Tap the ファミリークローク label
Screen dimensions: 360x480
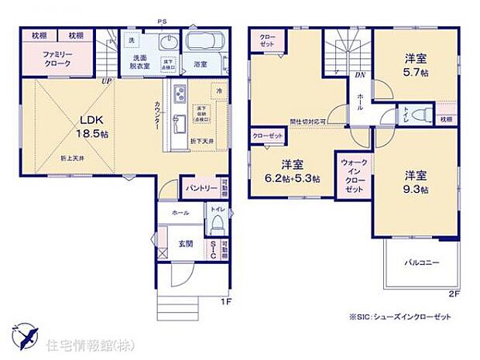(58, 60)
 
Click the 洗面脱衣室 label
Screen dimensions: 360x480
(141, 64)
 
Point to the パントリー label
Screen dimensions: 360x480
(198, 187)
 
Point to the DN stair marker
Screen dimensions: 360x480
(359, 75)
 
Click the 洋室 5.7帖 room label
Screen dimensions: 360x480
(417, 65)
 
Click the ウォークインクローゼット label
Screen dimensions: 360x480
(352, 175)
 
